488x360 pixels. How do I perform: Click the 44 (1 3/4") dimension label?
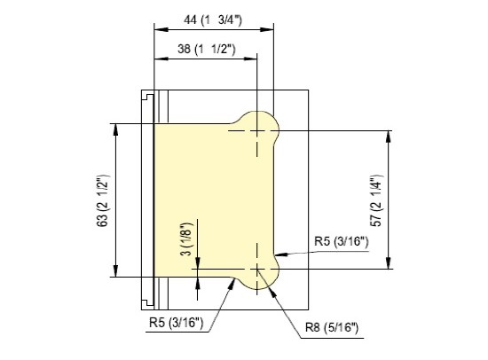coord(213,19)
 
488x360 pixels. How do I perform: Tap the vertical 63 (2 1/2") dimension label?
coord(100,200)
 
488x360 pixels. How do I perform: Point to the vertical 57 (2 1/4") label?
coord(404,197)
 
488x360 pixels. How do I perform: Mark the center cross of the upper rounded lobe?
coord(256,130)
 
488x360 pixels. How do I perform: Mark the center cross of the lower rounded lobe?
coord(256,268)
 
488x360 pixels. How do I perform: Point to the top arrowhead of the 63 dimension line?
coord(116,127)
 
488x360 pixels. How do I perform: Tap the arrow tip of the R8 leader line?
coord(269,282)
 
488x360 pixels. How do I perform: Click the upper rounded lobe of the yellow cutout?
coord(260,124)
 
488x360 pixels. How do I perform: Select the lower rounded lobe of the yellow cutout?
coord(260,275)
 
